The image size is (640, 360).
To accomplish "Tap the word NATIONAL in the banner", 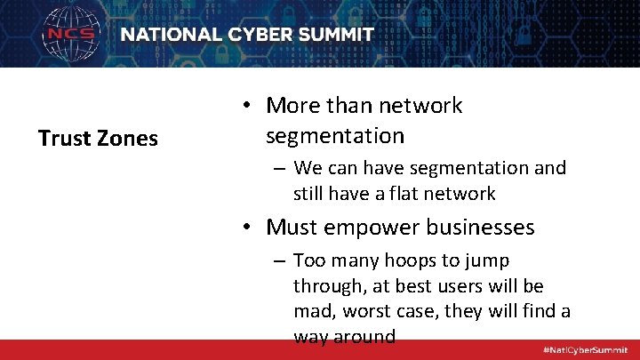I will tap(169, 35).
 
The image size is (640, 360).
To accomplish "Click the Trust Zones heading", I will tap(98, 139).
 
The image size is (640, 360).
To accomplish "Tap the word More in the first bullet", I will tap(292, 106).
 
